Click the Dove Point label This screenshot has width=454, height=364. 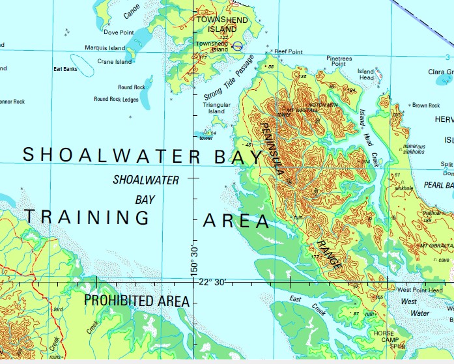pos(119,32)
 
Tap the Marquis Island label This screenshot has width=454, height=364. pos(104,48)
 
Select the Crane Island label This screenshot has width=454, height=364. pos(114,62)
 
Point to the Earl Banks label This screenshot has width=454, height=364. pos(65,68)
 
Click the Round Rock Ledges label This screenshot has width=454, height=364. pos(116,99)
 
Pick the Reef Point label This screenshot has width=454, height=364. pos(289,51)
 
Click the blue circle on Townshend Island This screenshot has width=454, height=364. pos(237,46)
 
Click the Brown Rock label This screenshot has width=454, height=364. pos(426,105)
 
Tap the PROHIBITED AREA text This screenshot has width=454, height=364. pos(137,301)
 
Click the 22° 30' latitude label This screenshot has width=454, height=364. pos(212,282)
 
